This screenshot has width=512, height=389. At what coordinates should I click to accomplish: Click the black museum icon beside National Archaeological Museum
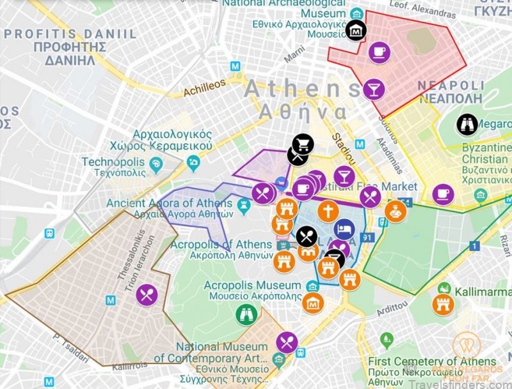click(x=356, y=29)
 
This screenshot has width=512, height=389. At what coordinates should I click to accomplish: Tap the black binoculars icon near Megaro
click(x=467, y=124)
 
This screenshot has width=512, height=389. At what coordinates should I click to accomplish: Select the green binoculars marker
click(x=246, y=314)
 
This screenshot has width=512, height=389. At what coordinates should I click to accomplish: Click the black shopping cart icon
click(x=303, y=145)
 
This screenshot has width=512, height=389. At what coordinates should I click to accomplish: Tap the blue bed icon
click(x=344, y=229)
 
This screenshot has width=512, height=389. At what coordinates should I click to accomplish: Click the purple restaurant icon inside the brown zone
click(x=147, y=294)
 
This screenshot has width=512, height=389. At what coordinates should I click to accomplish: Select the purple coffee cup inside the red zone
click(x=379, y=52)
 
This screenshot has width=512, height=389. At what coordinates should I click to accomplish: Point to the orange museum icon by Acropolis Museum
click(x=313, y=303)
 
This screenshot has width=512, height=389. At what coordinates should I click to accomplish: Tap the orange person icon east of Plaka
click(x=395, y=211)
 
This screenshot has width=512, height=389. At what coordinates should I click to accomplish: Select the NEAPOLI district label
click(x=451, y=92)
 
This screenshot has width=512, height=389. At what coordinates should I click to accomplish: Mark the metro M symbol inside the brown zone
click(x=111, y=300)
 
